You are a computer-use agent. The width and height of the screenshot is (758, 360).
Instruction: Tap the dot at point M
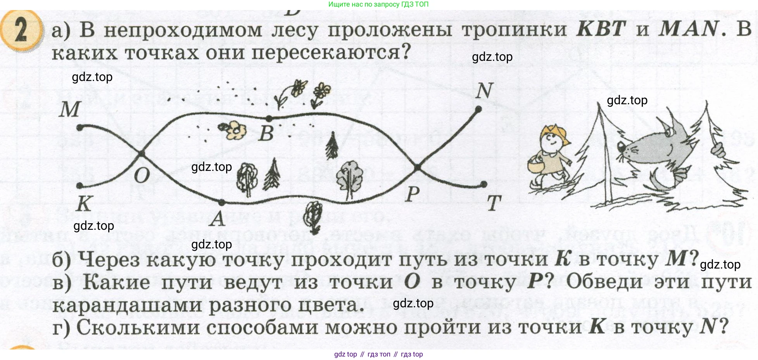[x=80, y=127]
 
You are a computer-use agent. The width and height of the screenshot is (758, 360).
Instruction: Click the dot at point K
[x=80, y=186]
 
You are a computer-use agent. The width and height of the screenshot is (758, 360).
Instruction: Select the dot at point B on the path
[x=269, y=118]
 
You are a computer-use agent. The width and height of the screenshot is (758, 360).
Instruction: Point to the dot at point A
[x=221, y=202]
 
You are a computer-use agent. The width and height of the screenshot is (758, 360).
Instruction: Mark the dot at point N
[x=478, y=110]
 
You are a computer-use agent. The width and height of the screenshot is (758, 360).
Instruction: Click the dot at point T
[x=484, y=184]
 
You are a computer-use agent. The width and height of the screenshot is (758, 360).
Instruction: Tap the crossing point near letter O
[x=142, y=154]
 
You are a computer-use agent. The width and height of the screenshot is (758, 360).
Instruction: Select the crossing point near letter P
[x=417, y=168]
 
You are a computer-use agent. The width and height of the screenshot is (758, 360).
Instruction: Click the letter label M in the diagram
[x=70, y=109]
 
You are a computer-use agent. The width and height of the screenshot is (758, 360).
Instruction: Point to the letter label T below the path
[x=494, y=203]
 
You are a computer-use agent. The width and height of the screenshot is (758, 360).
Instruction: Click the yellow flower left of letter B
[x=233, y=130]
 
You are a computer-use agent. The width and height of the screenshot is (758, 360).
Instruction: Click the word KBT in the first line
[x=601, y=29]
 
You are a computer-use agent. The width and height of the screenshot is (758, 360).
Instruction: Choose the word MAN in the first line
[x=689, y=29]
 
